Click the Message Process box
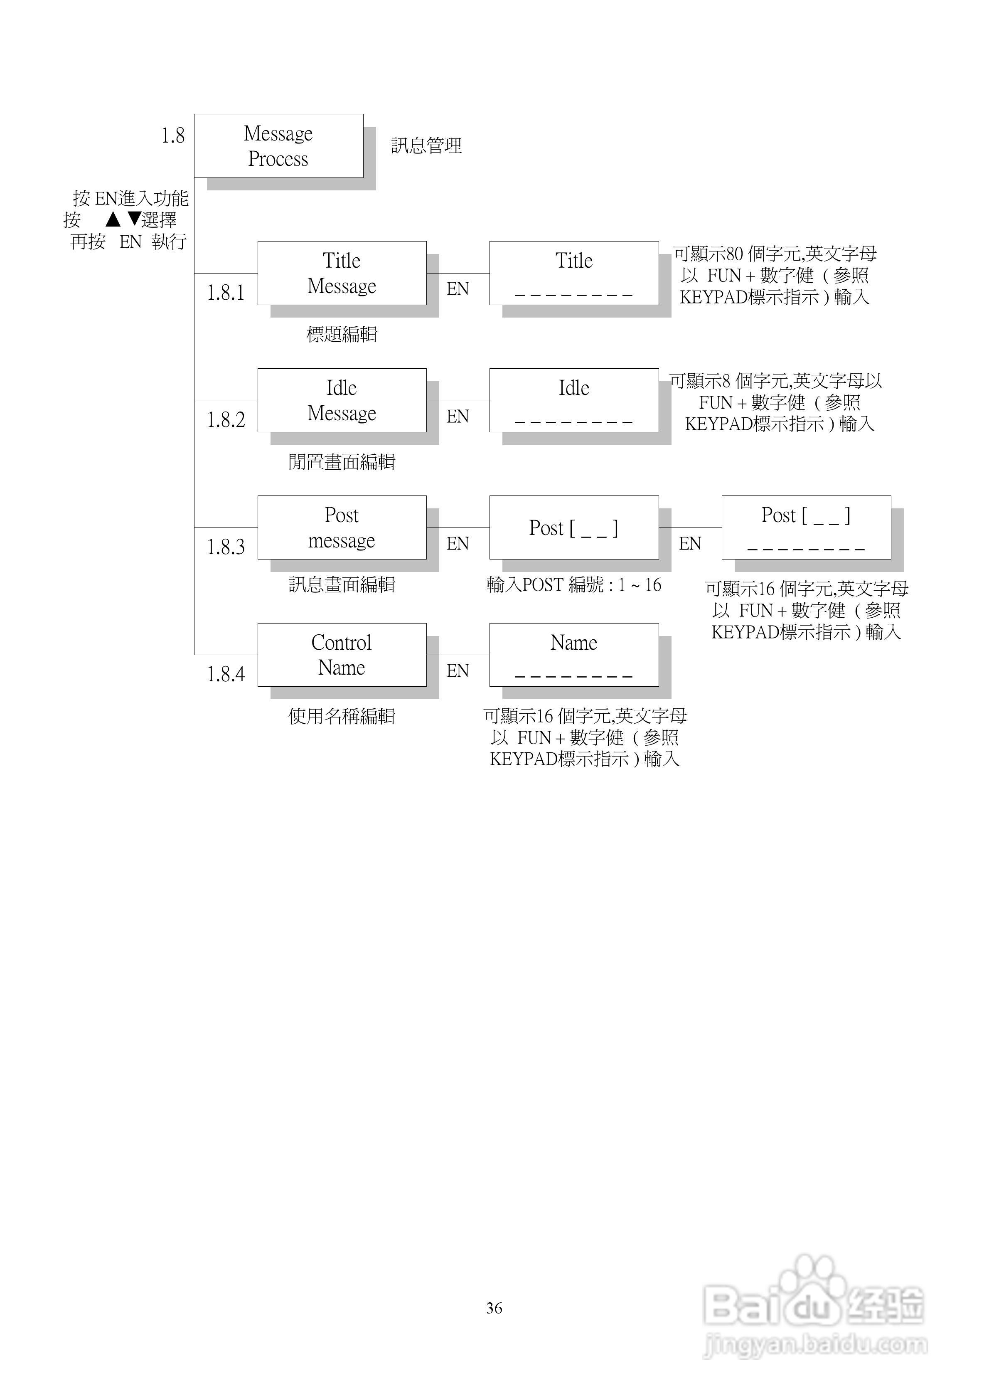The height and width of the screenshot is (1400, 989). click(x=279, y=146)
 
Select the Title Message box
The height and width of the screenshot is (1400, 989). click(x=342, y=273)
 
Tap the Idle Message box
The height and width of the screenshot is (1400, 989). click(x=342, y=401)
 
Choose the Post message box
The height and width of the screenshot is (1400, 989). click(x=342, y=528)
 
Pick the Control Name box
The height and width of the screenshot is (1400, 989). click(x=342, y=655)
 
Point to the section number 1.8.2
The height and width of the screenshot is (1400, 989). click(x=226, y=420)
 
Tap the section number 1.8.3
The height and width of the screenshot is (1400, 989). click(x=226, y=547)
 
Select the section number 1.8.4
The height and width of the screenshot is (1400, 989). click(x=226, y=674)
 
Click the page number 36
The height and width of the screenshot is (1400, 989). click(x=494, y=1308)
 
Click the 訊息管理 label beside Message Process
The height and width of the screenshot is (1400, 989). click(x=426, y=146)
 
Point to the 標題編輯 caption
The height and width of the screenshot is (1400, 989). click(x=342, y=334)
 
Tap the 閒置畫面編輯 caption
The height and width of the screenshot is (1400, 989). click(x=342, y=462)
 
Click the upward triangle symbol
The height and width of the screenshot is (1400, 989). click(x=113, y=219)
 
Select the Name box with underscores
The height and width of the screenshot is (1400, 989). click(x=574, y=655)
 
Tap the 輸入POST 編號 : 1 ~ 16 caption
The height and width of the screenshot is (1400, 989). click(x=574, y=585)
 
